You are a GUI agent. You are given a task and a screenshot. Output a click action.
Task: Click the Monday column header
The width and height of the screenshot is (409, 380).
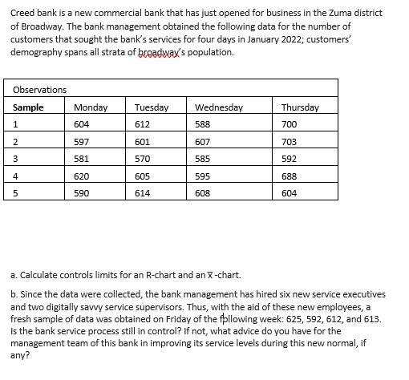pyautogui.click(x=87, y=107)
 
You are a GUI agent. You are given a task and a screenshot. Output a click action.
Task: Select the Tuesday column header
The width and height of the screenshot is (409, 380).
pyautogui.click(x=152, y=107)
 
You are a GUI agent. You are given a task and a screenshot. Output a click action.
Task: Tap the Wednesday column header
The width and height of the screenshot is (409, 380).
pyautogui.click(x=218, y=107)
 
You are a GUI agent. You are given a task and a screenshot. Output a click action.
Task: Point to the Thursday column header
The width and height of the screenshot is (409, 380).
pyautogui.click(x=300, y=107)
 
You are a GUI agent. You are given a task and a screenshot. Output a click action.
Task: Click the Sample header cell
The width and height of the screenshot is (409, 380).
pyautogui.click(x=29, y=107)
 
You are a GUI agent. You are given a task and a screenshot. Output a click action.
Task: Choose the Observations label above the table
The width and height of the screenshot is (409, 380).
pyautogui.click(x=39, y=89)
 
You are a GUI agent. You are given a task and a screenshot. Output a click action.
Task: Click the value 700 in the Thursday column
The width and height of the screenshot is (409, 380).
pyautogui.click(x=290, y=124)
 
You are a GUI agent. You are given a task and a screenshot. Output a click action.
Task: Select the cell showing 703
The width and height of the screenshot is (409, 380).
pyautogui.click(x=290, y=142)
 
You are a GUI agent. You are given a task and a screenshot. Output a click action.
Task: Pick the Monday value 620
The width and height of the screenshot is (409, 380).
pyautogui.click(x=81, y=176)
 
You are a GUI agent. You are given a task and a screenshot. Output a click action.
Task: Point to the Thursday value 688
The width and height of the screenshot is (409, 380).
pyautogui.click(x=290, y=176)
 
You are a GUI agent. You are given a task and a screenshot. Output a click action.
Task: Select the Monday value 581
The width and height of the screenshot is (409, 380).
pyautogui.click(x=81, y=159)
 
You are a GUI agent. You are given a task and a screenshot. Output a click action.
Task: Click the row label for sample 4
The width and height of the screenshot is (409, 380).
pyautogui.click(x=15, y=176)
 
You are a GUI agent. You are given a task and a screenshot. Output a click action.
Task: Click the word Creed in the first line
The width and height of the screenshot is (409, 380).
pyautogui.click(x=24, y=14)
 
